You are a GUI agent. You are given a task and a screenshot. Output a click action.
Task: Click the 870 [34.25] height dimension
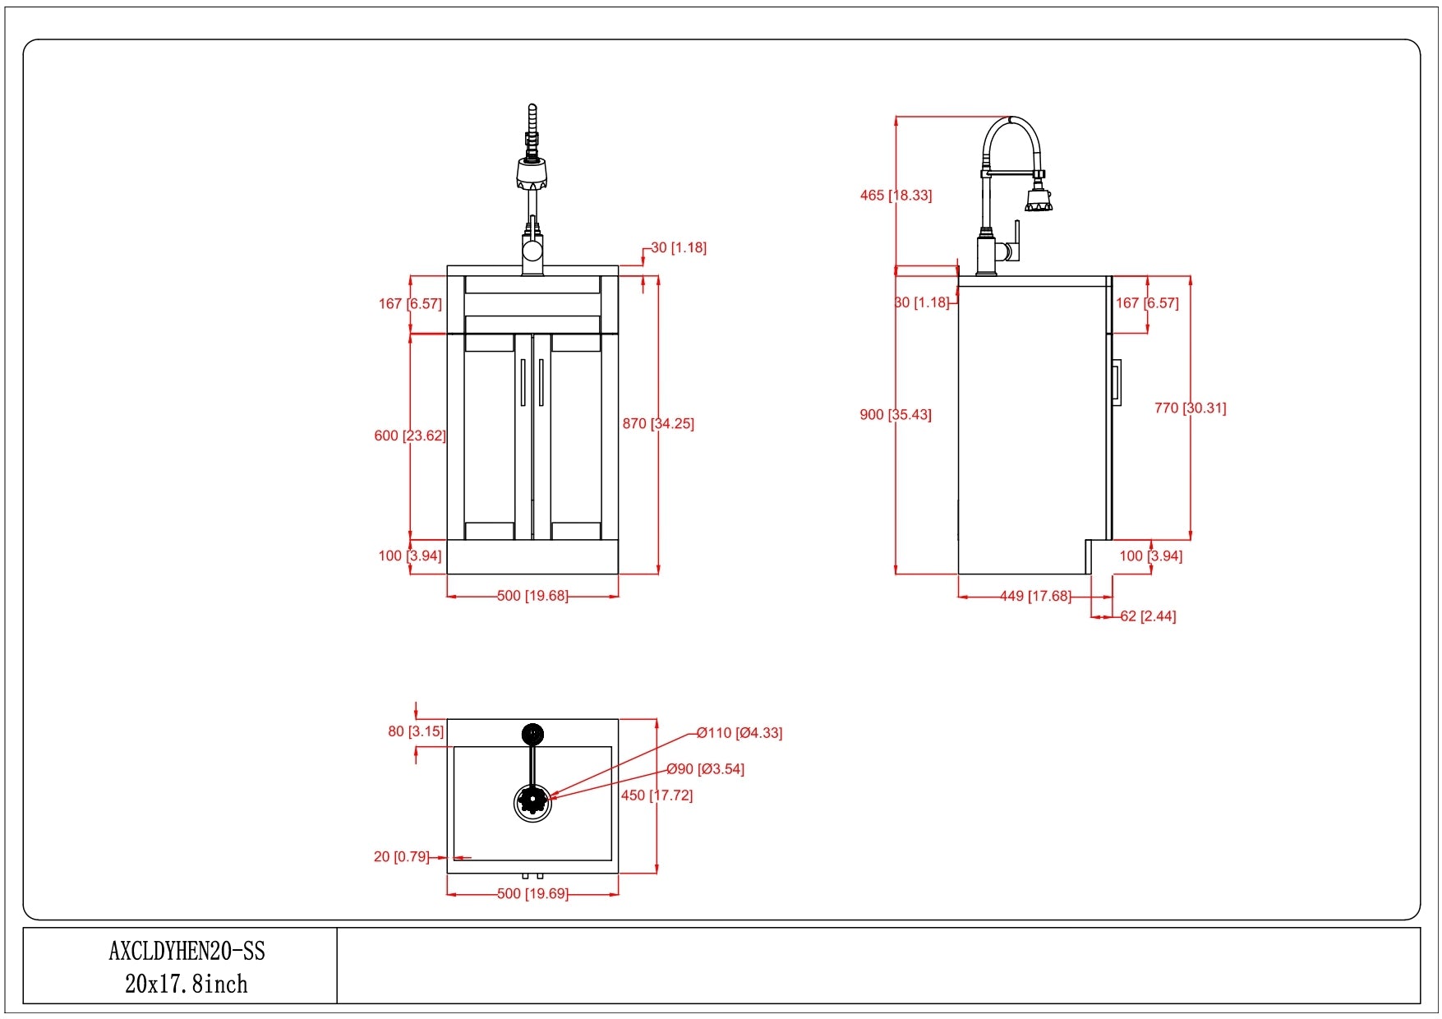[658, 424]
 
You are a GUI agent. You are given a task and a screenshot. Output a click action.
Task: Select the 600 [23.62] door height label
[410, 436]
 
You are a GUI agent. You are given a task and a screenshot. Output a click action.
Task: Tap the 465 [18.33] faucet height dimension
[896, 196]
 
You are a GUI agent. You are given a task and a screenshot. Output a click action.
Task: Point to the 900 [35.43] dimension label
[896, 415]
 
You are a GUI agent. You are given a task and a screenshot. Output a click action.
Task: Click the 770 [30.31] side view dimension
[1190, 408]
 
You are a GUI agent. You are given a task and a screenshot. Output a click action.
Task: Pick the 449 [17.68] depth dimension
[1035, 597]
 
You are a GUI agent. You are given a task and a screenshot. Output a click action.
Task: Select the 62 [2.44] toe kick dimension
[1148, 616]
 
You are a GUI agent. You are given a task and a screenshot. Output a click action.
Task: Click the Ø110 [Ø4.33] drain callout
[739, 733]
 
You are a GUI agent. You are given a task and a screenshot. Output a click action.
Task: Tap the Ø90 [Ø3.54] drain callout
[705, 769]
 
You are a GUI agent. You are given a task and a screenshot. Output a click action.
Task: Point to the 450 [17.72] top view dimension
[657, 795]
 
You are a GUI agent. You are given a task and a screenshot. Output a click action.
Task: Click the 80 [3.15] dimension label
[416, 731]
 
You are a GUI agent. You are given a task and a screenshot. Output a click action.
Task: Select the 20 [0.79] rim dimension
[402, 857]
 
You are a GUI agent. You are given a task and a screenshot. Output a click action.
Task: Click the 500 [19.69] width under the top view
[532, 894]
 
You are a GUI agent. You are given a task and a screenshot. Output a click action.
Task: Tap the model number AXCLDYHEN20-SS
[187, 952]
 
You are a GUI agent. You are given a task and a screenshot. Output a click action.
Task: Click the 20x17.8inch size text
[187, 984]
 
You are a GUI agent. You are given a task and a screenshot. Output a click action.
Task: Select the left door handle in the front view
[523, 382]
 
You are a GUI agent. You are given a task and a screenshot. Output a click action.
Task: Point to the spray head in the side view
[1037, 200]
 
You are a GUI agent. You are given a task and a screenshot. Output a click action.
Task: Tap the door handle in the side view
[1117, 382]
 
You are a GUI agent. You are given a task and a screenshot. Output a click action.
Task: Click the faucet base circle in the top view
[532, 733]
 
